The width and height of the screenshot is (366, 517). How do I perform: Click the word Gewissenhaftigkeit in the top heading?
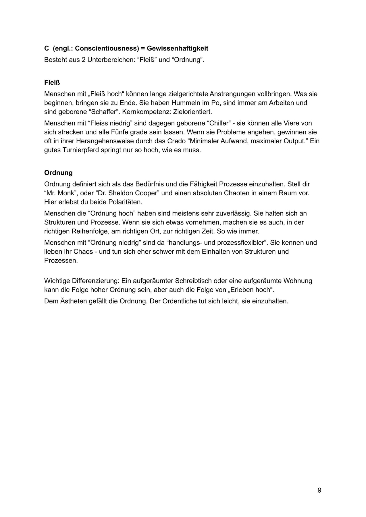pyautogui.click(x=178, y=48)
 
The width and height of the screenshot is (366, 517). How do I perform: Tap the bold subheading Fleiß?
pyautogui.click(x=52, y=83)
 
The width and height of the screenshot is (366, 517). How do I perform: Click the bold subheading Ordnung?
pyautogui.click(x=58, y=173)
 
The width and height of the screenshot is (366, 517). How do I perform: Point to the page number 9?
pyautogui.click(x=319, y=490)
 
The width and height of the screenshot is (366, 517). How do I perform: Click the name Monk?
pyautogui.click(x=66, y=193)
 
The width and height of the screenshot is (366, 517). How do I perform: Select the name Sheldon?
pyautogui.click(x=121, y=193)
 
